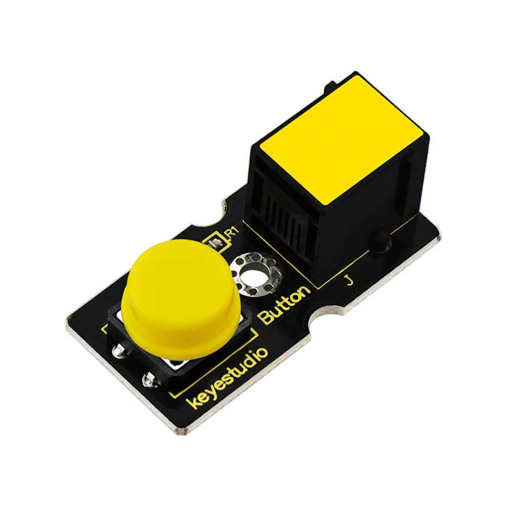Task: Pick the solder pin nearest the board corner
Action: click(x=119, y=351)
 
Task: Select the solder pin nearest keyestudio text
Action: click(x=150, y=379)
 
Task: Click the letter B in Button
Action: click(x=266, y=318)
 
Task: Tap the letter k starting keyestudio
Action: click(x=193, y=403)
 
